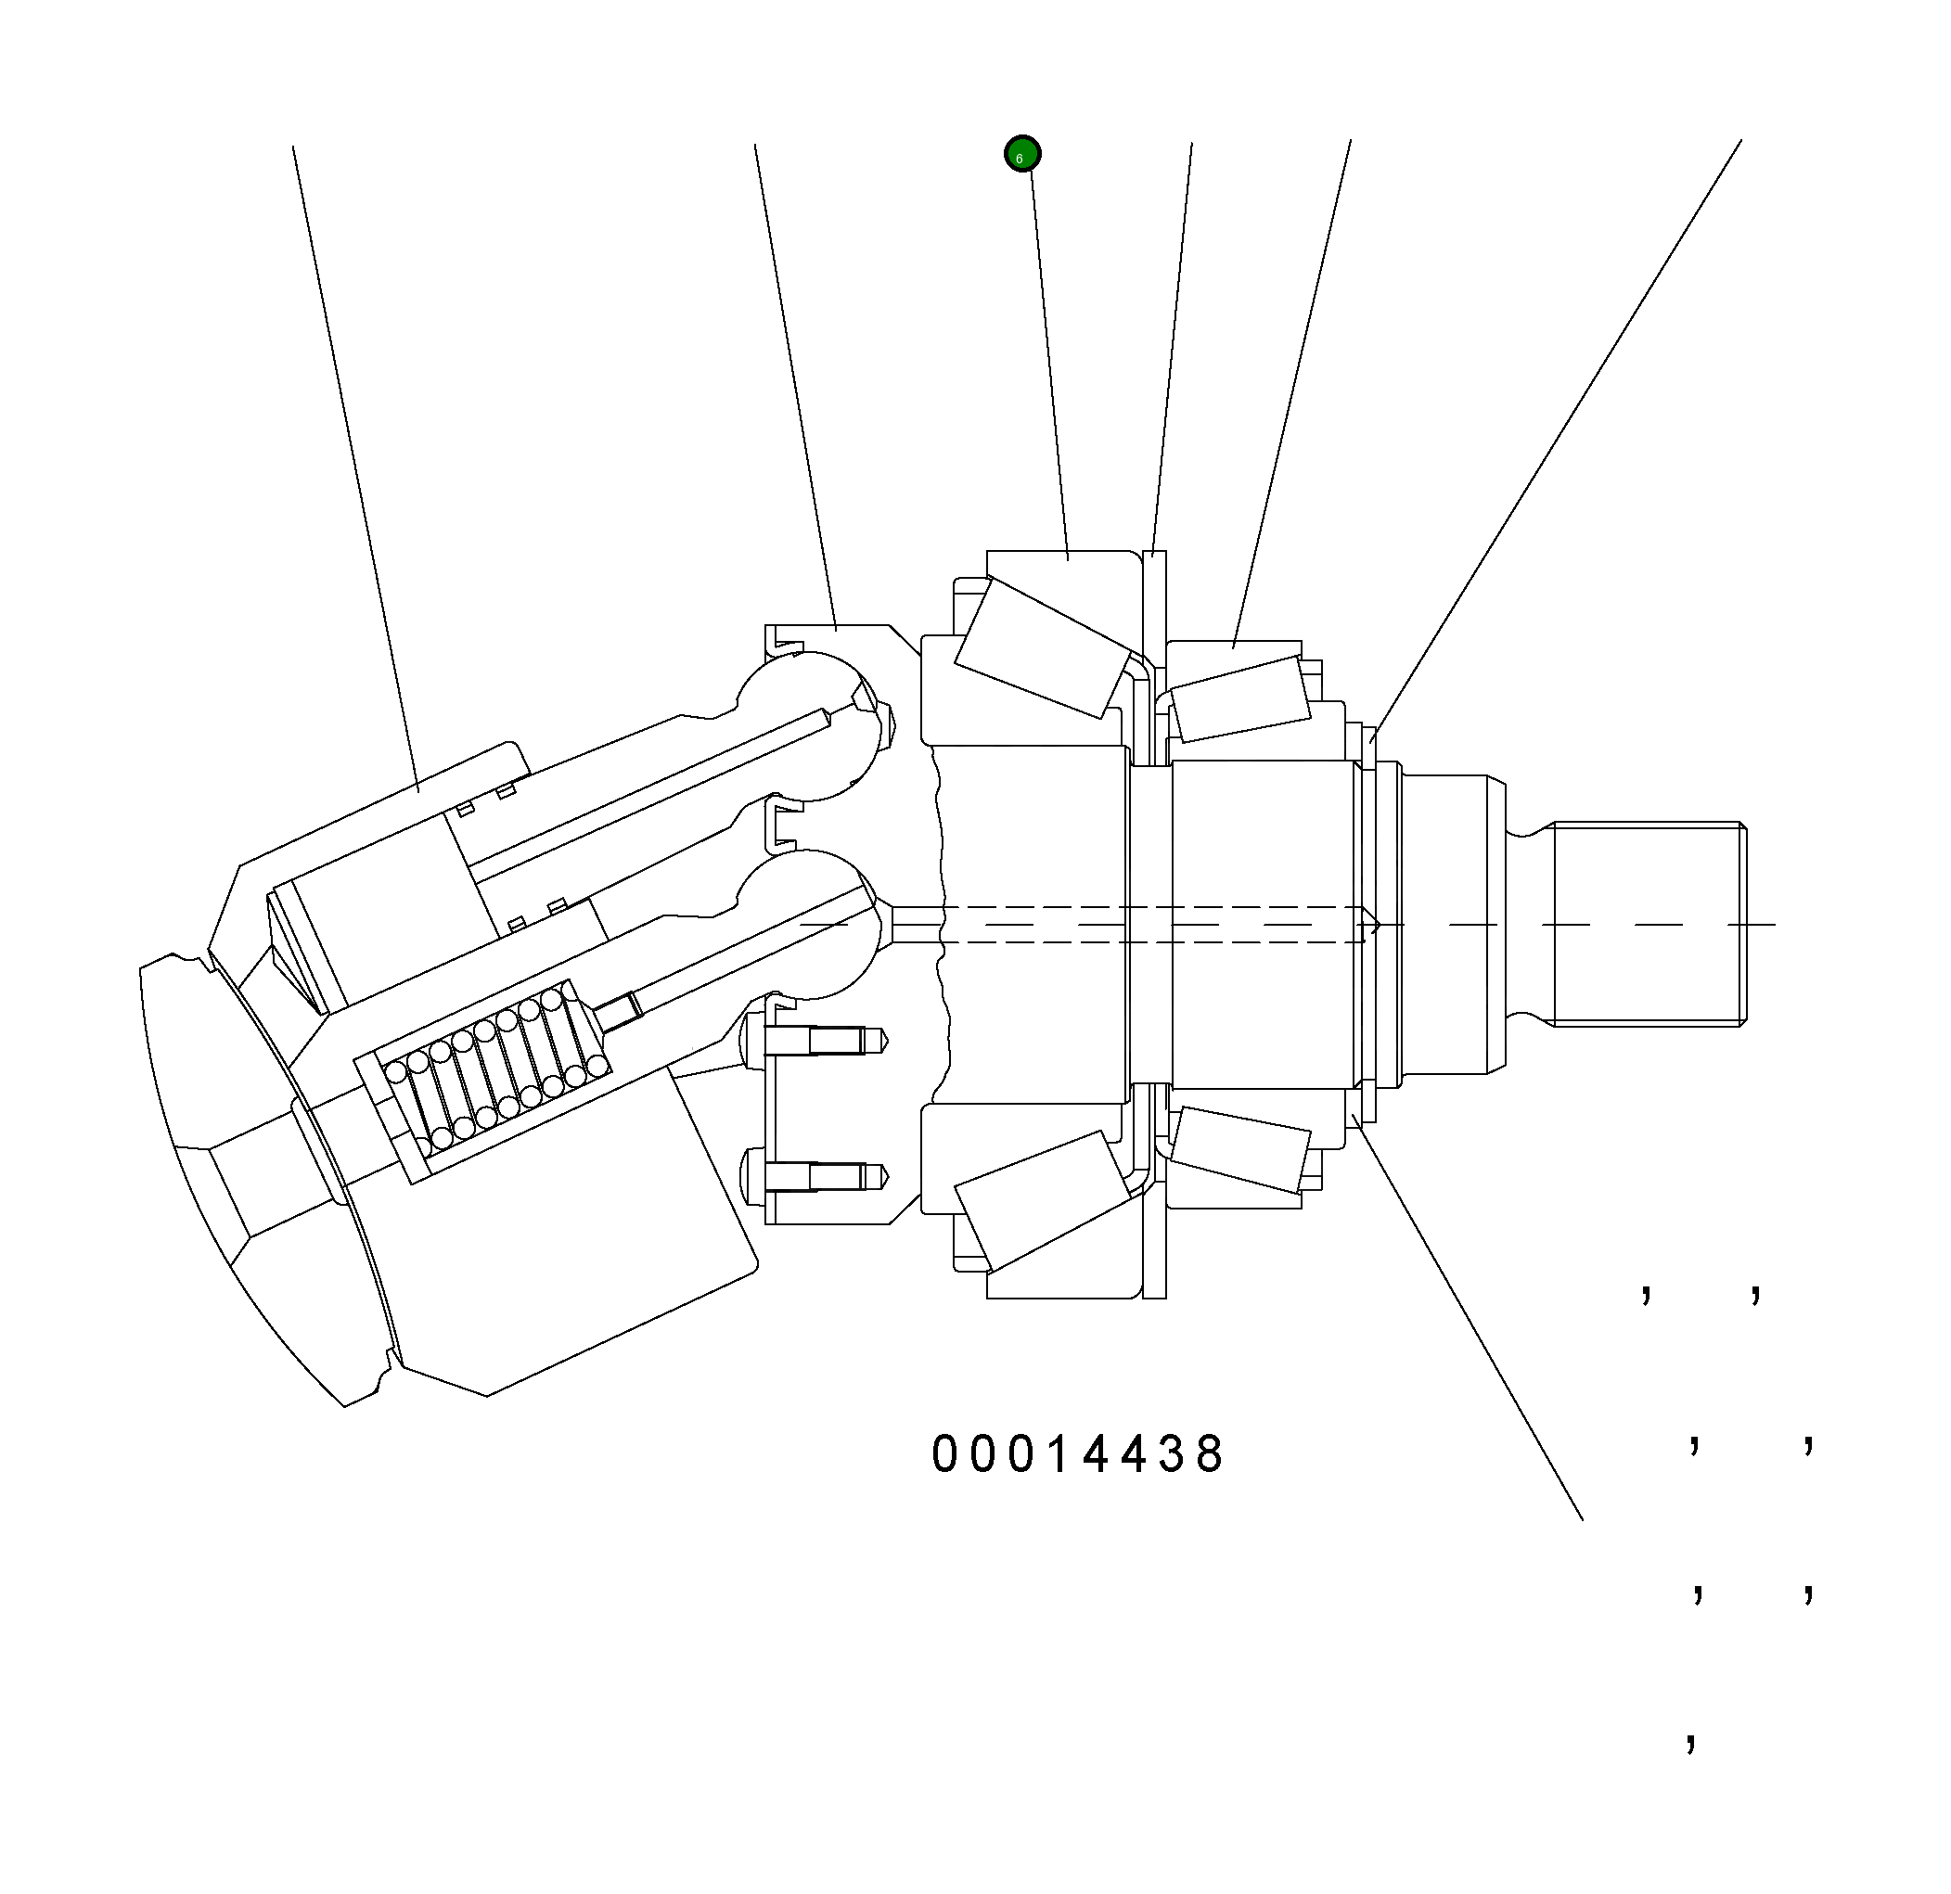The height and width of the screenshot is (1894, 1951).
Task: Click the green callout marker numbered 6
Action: click(1022, 154)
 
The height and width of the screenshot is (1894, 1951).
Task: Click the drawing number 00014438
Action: click(1078, 1455)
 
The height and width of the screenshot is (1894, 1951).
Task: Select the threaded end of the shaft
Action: click(1647, 925)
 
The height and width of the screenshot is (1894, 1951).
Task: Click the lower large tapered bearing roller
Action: click(1043, 1200)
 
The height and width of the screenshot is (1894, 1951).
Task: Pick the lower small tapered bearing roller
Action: click(1239, 1149)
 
